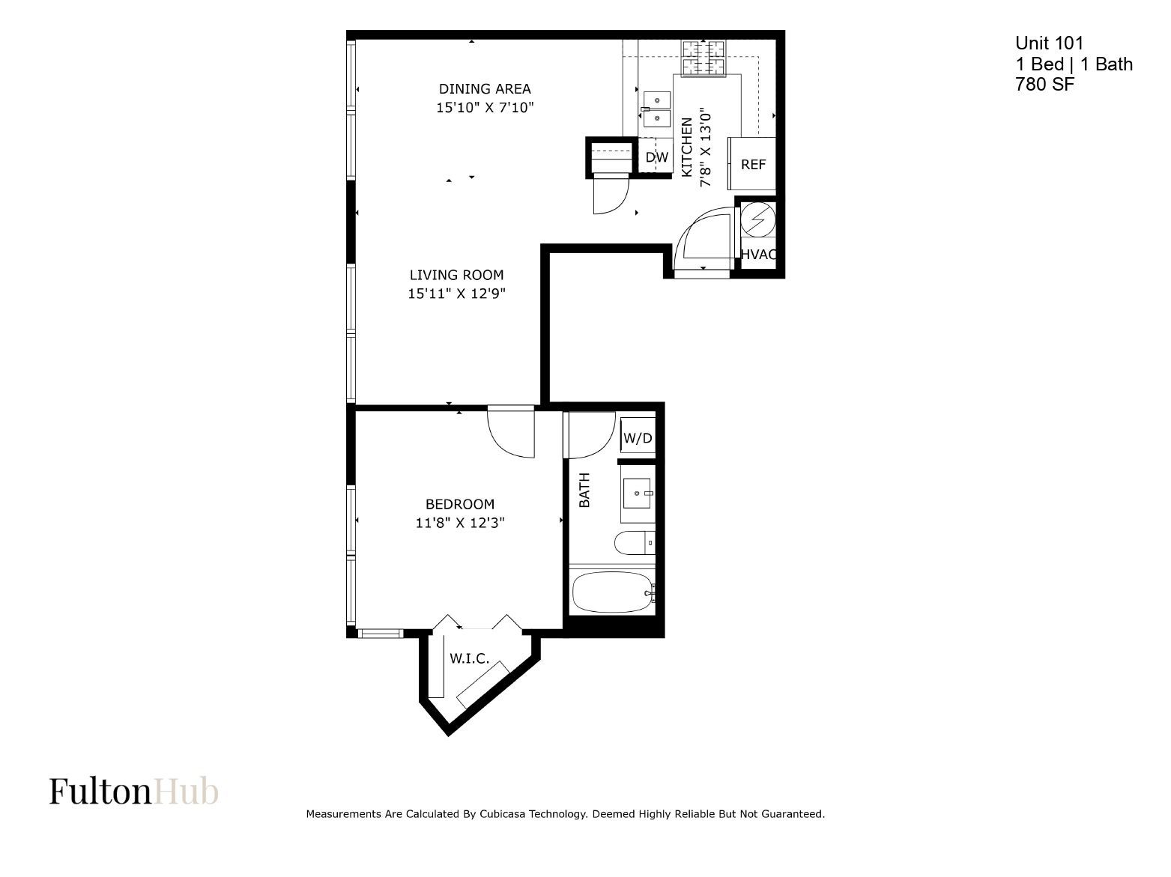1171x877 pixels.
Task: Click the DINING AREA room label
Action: tap(485, 88)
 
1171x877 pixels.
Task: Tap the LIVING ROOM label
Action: tap(456, 275)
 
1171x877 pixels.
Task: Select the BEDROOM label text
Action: tap(460, 504)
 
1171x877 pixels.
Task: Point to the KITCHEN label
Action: tap(686, 147)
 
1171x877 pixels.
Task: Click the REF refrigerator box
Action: tap(751, 163)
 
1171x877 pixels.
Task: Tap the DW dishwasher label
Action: tap(657, 157)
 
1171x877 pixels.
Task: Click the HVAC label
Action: tap(758, 255)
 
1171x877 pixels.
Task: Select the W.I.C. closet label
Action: tap(470, 658)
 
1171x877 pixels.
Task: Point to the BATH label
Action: tap(584, 490)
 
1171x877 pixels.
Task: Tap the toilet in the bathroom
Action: tap(635, 543)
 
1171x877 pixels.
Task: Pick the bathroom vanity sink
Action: tap(638, 493)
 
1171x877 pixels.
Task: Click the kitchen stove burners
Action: tap(703, 58)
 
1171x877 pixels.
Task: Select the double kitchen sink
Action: tap(657, 109)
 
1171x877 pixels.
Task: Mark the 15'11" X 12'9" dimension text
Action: tap(456, 294)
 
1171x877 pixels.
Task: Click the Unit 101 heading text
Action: tap(1049, 43)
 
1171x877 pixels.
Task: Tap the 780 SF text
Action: tap(1044, 84)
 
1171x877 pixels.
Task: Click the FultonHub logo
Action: tap(134, 791)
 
